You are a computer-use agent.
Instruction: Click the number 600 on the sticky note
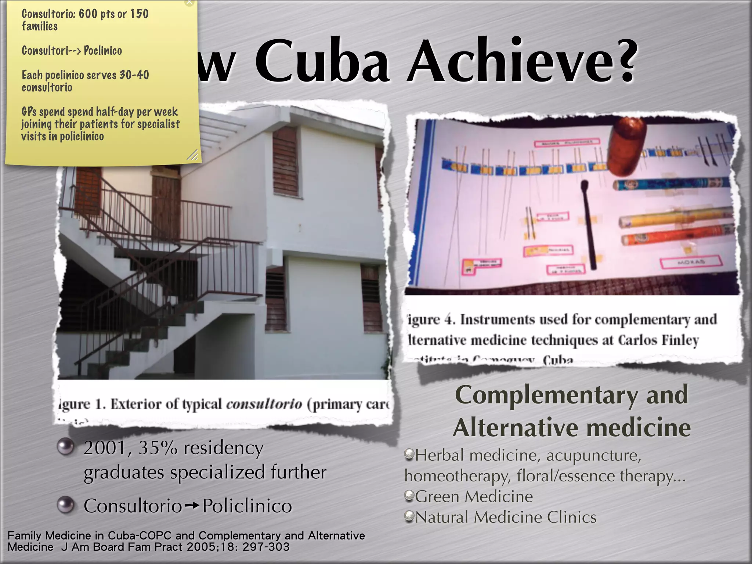click(88, 14)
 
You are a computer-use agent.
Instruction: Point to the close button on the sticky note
click(189, 2)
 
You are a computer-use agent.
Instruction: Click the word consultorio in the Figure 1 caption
click(264, 404)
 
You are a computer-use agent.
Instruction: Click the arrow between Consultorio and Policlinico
click(192, 506)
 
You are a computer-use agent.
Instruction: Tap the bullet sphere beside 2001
click(66, 446)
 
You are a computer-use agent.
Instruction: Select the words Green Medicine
click(474, 496)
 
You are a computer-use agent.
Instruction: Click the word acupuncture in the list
click(593, 455)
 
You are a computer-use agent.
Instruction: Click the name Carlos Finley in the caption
click(658, 340)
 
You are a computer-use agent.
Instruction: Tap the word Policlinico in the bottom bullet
click(247, 506)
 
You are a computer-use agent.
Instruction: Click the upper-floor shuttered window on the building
click(285, 162)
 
